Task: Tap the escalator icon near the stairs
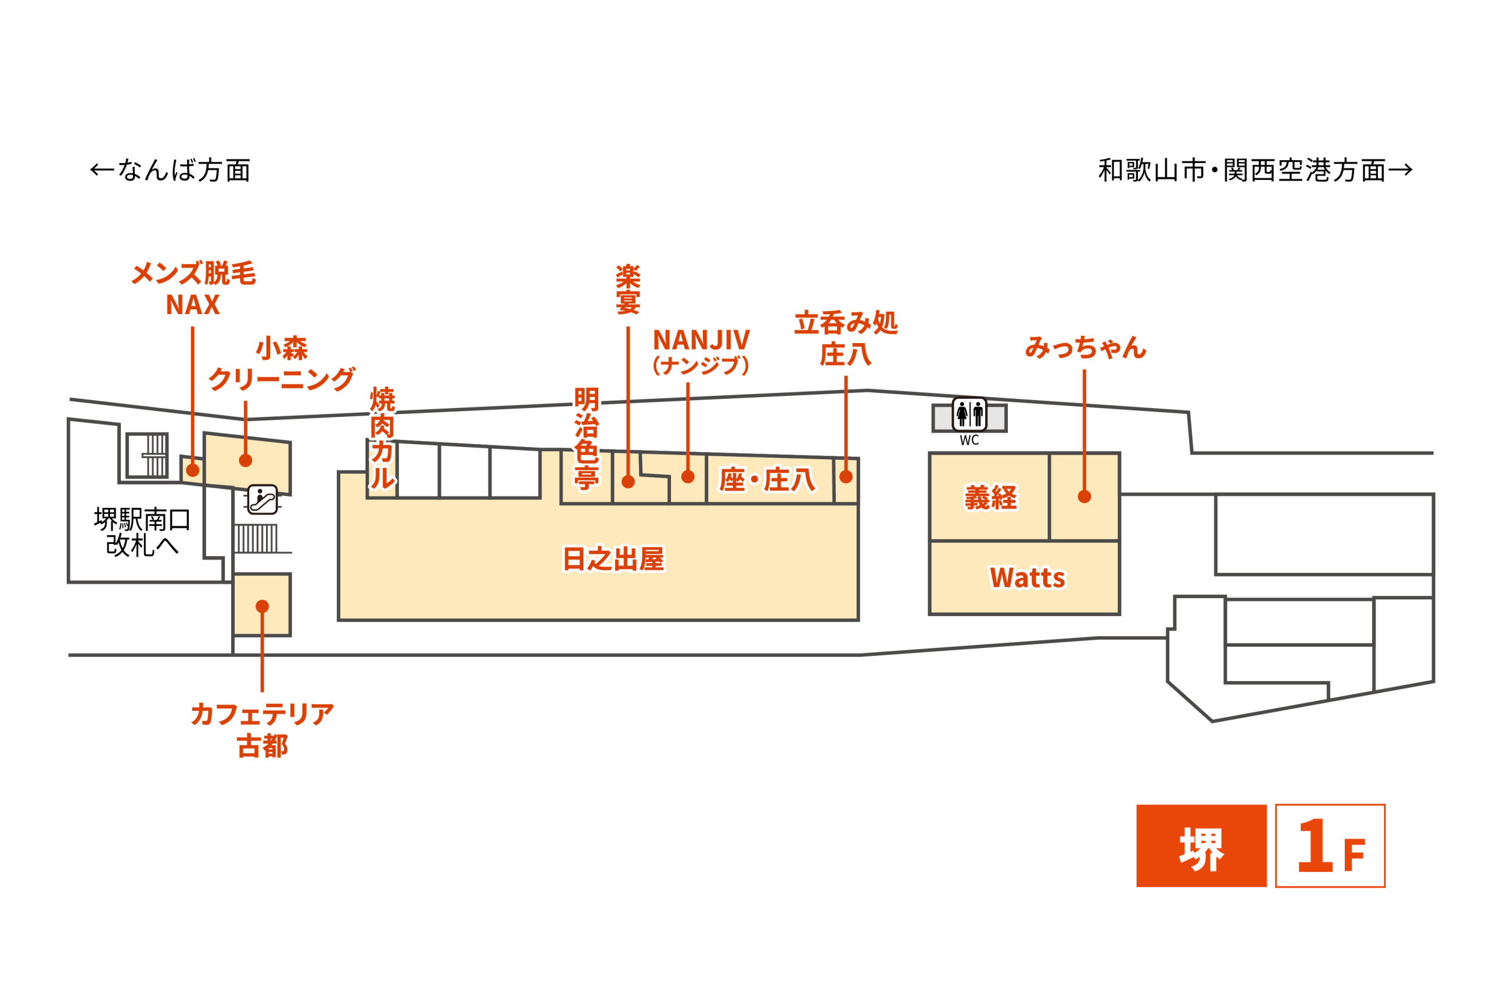click(x=263, y=500)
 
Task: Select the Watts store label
click(x=1028, y=578)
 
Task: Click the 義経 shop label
click(x=991, y=498)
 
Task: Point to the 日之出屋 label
click(x=613, y=558)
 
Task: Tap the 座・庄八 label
click(x=767, y=480)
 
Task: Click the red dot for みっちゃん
click(x=1084, y=497)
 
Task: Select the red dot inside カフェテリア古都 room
click(x=263, y=607)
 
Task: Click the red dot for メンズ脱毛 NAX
click(x=193, y=470)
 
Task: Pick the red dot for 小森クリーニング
click(x=246, y=461)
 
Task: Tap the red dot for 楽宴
click(x=628, y=482)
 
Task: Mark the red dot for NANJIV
click(x=688, y=477)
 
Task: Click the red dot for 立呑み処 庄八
click(x=846, y=477)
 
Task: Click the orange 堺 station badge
click(x=1201, y=846)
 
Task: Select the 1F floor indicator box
click(x=1330, y=846)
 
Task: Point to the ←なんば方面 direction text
click(x=171, y=170)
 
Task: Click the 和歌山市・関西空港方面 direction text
click(x=1256, y=170)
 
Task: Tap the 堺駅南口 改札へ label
click(x=142, y=532)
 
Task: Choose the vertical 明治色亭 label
click(x=587, y=439)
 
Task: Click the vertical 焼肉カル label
click(x=382, y=439)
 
